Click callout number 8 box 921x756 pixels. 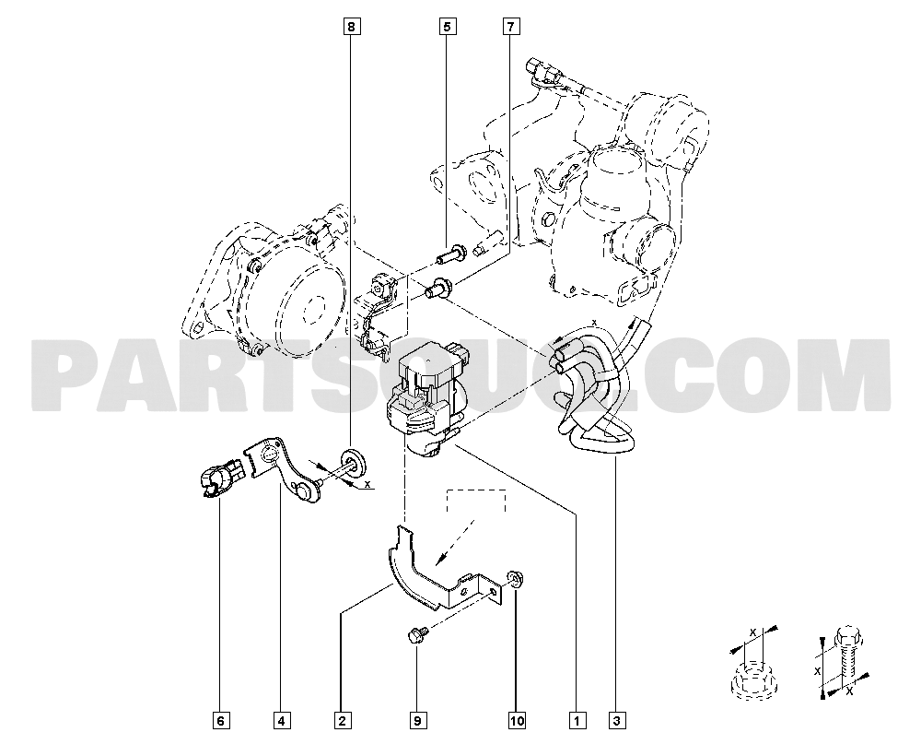tap(350, 27)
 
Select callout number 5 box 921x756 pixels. tap(447, 27)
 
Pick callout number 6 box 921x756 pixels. tap(220, 720)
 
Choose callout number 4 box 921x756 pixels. tap(279, 720)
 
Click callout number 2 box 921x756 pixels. tap(342, 720)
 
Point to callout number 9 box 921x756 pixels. tap(416, 720)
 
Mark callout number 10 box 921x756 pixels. tap(517, 720)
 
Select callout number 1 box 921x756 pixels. tap(577, 720)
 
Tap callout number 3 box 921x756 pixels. tap(616, 720)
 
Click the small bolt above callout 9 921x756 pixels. tap(415, 635)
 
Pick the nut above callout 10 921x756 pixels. tap(515, 579)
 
